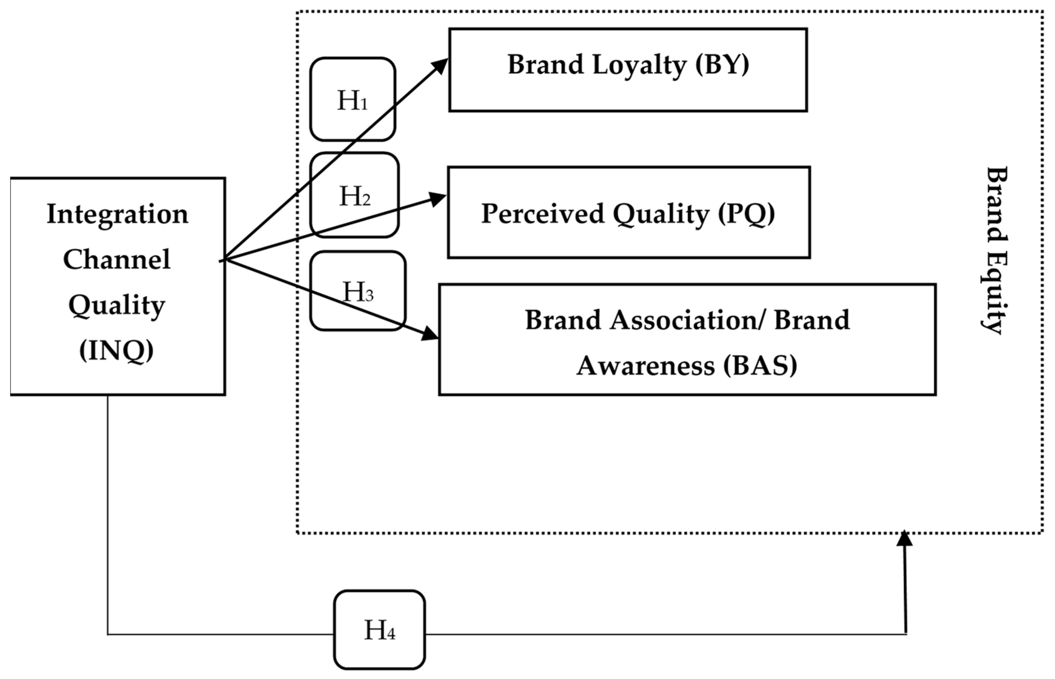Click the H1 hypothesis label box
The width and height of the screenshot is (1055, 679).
[352, 99]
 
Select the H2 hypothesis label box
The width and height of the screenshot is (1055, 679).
[355, 195]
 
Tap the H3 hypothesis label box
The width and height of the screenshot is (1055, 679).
[358, 291]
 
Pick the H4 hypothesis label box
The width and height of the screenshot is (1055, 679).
[379, 630]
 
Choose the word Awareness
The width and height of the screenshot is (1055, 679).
[645, 366]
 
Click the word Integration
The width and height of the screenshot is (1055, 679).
[117, 214]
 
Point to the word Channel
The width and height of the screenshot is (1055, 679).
[116, 259]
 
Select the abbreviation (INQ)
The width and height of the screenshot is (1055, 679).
[116, 351]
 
